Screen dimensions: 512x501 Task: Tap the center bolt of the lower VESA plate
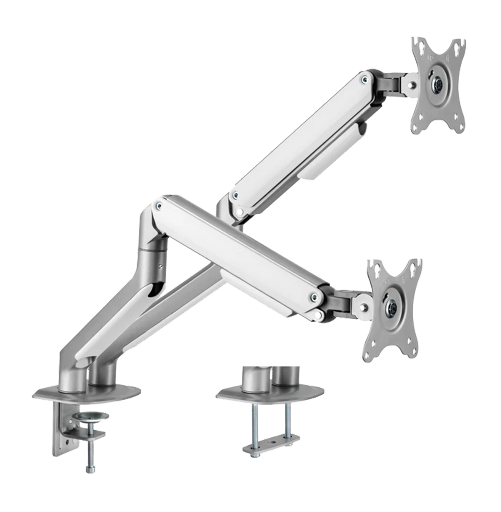click(392, 308)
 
